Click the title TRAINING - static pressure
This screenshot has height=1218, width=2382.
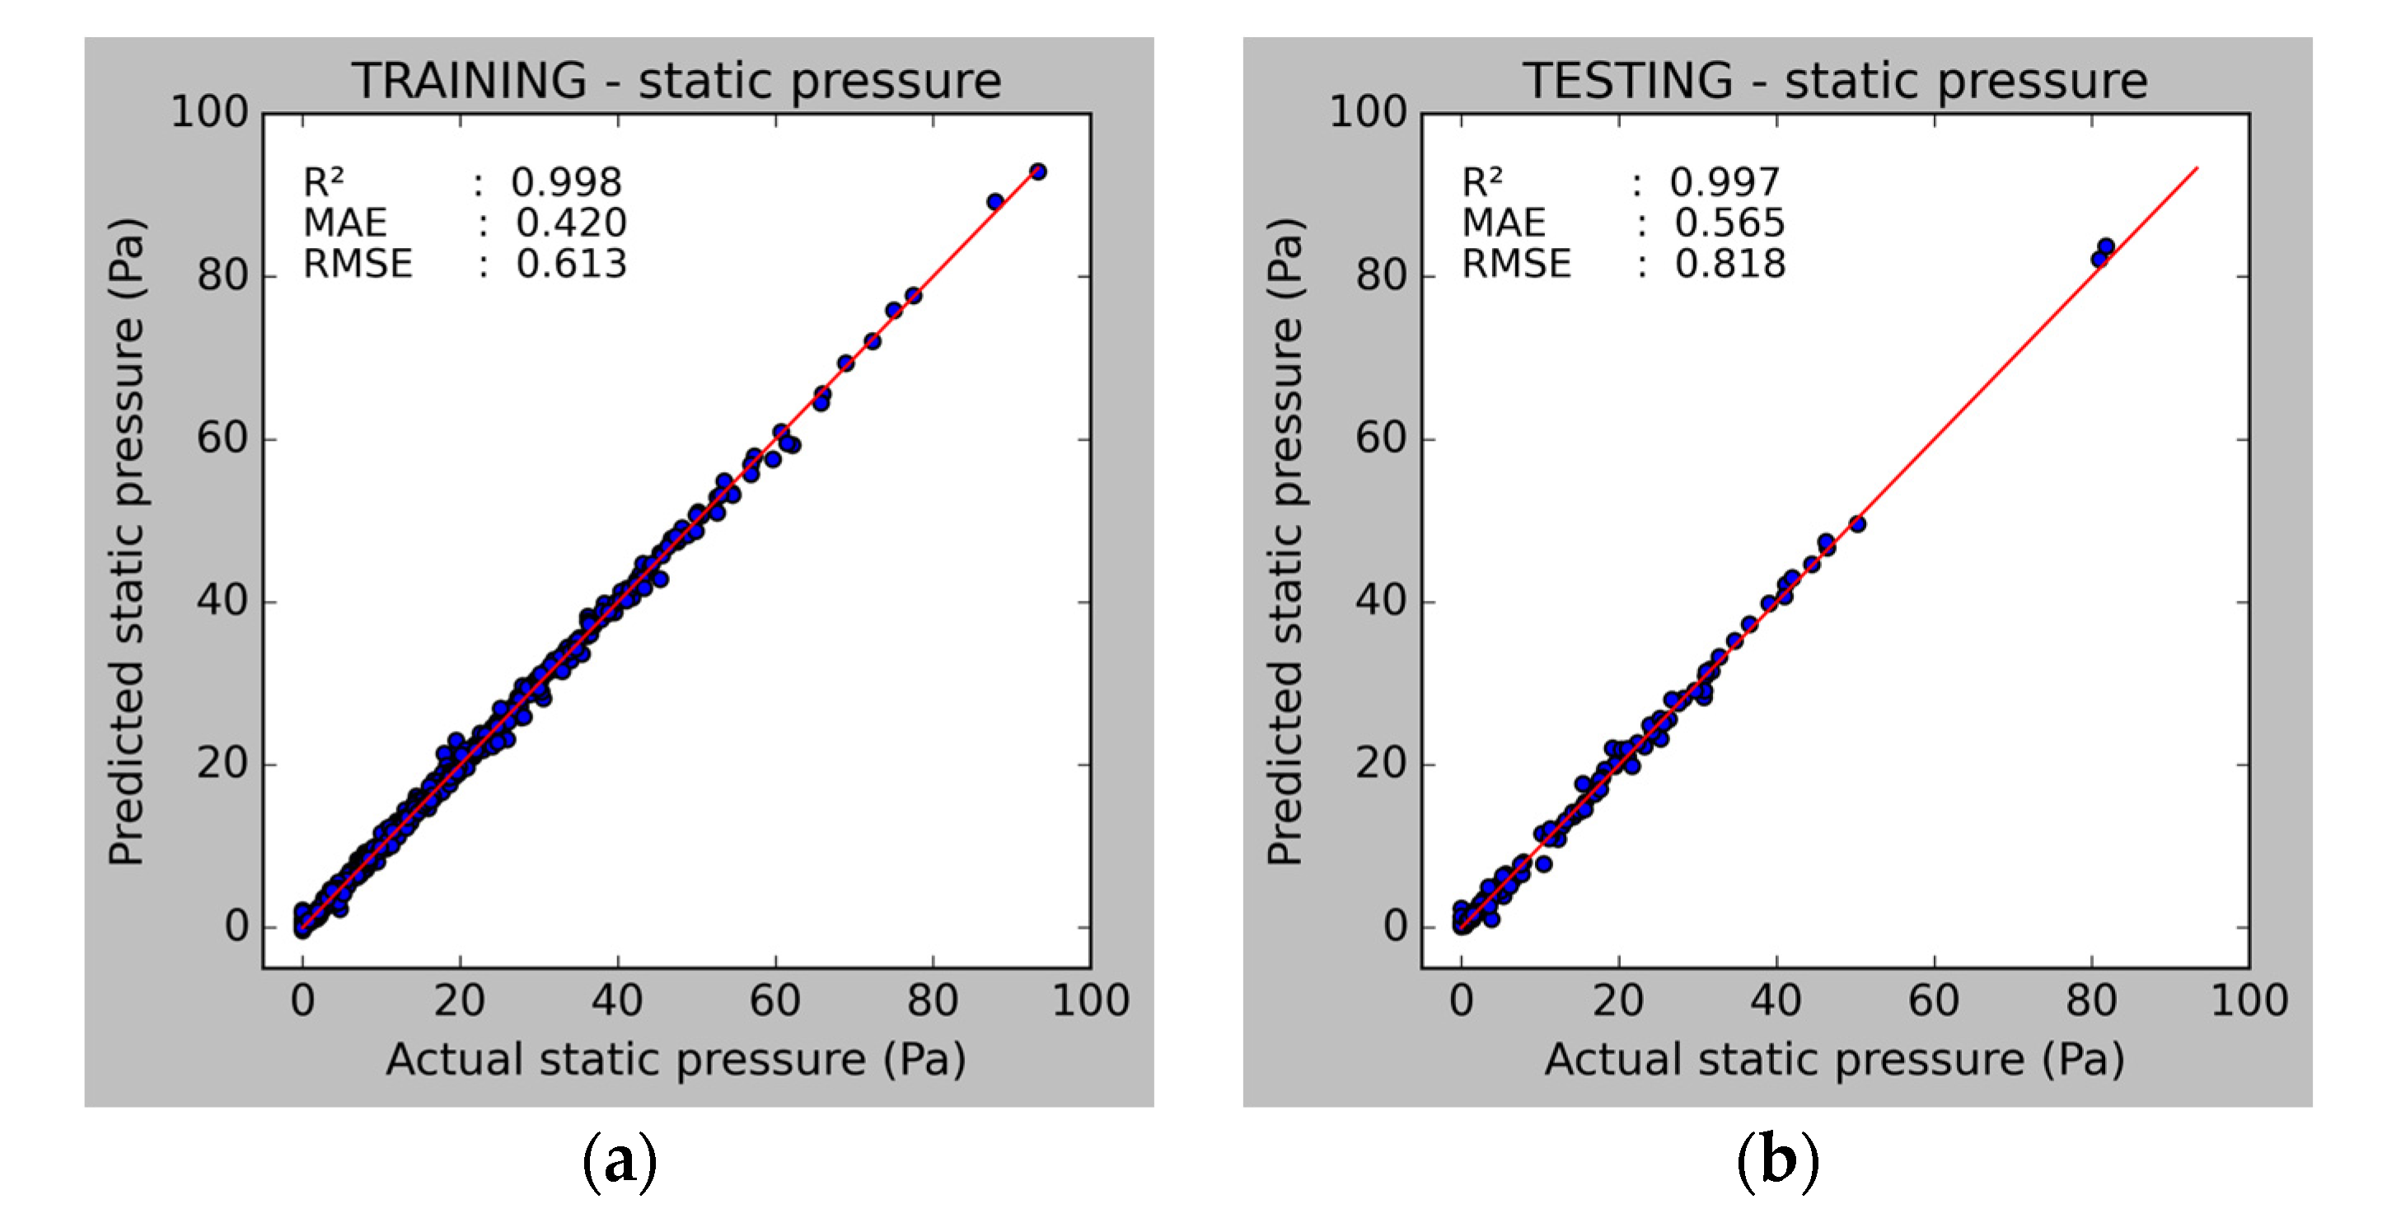[676, 81]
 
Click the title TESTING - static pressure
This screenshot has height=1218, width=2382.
[1835, 81]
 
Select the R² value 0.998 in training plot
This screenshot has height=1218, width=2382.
[566, 182]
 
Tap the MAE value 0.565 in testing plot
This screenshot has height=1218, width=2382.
[1729, 223]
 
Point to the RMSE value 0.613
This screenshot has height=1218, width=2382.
[570, 264]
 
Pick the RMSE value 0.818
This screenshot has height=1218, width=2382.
[1729, 264]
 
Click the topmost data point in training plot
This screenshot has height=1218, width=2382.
[1038, 171]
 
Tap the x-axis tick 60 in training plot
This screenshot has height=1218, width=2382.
[775, 1000]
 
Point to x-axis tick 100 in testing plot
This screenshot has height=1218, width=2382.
[2249, 1000]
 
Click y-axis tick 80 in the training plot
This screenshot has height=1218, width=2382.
[222, 275]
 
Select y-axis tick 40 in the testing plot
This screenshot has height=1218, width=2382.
[1381, 601]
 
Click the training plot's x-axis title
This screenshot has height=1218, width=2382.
[676, 1059]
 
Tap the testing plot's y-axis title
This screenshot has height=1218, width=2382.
[1285, 541]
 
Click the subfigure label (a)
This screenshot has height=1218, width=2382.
[620, 1159]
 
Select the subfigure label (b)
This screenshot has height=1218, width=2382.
[1777, 1159]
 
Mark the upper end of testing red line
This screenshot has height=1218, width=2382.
[2196, 168]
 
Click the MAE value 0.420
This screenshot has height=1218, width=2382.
[570, 223]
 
